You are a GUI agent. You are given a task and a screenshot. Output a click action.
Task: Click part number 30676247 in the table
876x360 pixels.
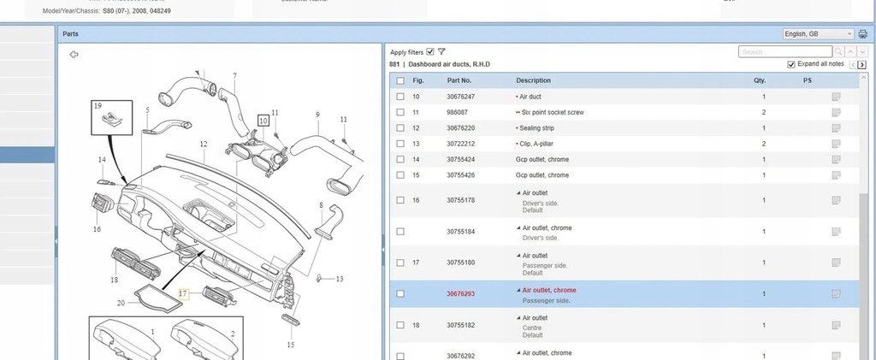pyautogui.click(x=460, y=97)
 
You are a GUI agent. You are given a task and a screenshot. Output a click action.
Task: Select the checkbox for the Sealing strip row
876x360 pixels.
pyautogui.click(x=400, y=128)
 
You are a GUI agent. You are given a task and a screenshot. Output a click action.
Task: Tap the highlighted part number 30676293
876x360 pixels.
pyautogui.click(x=460, y=294)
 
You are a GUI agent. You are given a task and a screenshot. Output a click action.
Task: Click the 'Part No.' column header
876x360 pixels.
pyautogui.click(x=459, y=80)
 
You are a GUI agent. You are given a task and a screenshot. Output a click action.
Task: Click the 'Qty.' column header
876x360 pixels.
pyautogui.click(x=760, y=80)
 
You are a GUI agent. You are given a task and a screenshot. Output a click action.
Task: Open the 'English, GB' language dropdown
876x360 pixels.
pyautogui.click(x=818, y=33)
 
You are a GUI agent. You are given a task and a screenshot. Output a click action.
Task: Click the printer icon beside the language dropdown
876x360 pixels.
pyautogui.click(x=862, y=33)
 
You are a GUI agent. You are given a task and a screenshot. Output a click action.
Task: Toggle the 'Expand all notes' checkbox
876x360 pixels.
pyautogui.click(x=791, y=65)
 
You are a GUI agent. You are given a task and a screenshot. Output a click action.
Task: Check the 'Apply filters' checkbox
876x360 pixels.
pyautogui.click(x=430, y=51)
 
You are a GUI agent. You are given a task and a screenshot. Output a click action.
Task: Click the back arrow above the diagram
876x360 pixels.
pyautogui.click(x=74, y=55)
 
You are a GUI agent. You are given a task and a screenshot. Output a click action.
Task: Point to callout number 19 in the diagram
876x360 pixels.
pyautogui.click(x=98, y=105)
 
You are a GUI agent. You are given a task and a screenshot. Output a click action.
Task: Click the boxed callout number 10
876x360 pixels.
pyautogui.click(x=263, y=121)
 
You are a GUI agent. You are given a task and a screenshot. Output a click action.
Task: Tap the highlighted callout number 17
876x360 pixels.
pyautogui.click(x=182, y=292)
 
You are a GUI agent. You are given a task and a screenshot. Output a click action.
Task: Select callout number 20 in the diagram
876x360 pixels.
pyautogui.click(x=121, y=304)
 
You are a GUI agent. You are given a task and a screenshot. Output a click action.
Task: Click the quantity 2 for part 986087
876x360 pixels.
pyautogui.click(x=764, y=113)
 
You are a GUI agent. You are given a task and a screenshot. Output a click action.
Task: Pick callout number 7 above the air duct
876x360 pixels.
pyautogui.click(x=234, y=78)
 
